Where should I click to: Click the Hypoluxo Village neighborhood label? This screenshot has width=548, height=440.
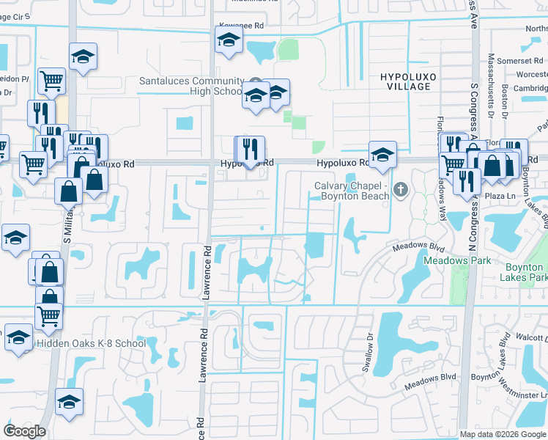[405, 81]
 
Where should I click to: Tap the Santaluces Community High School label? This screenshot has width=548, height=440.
[191, 86]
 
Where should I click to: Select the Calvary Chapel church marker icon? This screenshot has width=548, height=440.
[400, 191]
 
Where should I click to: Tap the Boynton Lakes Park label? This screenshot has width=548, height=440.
[523, 273]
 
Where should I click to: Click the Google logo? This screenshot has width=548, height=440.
[24, 431]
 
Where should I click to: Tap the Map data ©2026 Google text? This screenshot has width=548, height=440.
[503, 434]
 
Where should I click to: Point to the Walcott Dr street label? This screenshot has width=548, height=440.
[535, 338]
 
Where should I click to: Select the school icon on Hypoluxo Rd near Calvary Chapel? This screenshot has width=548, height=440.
[382, 155]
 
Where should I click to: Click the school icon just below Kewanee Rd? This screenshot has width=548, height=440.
[229, 42]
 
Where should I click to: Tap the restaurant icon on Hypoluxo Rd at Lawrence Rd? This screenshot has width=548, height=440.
[250, 150]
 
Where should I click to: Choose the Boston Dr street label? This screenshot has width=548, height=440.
[505, 103]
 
